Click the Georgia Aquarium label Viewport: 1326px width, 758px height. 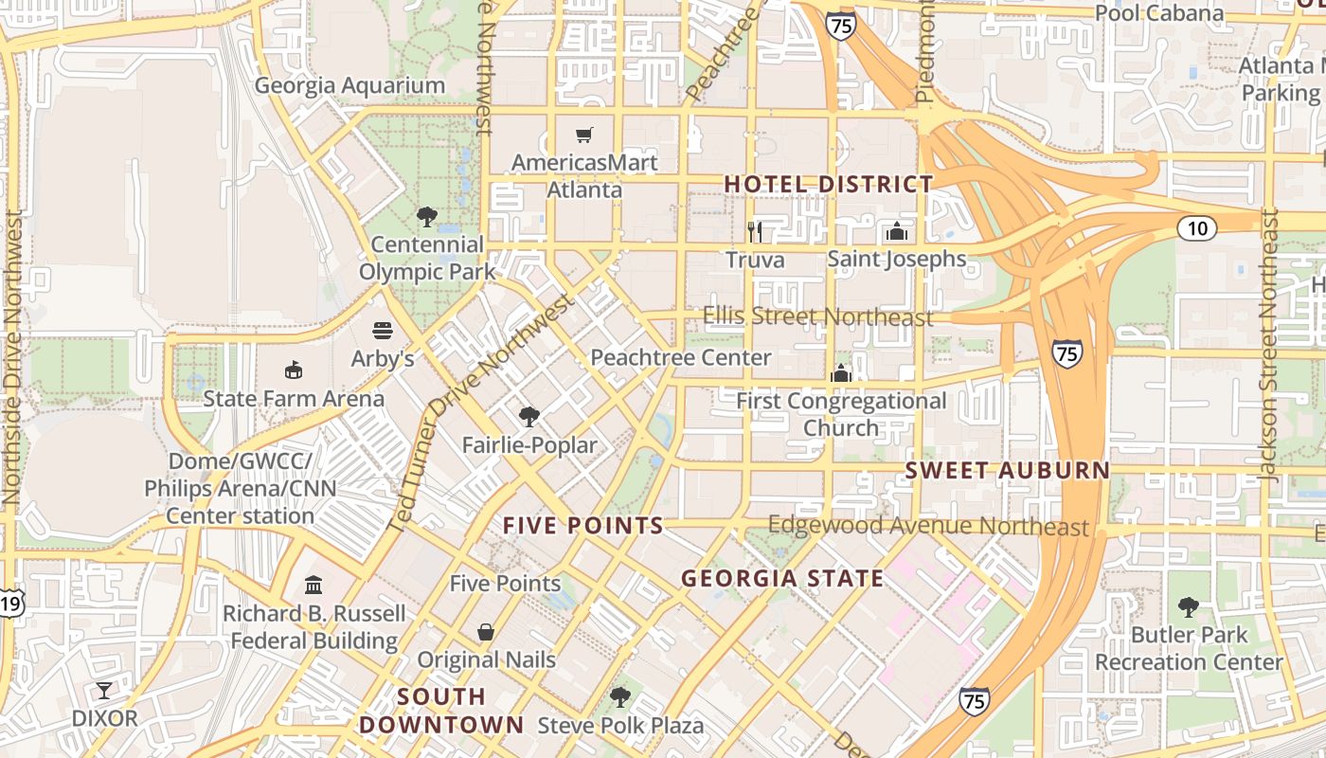point(349,85)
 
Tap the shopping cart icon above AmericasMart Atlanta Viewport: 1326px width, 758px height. point(584,135)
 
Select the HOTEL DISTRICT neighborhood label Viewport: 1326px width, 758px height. point(829,184)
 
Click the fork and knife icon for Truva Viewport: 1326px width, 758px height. point(755,231)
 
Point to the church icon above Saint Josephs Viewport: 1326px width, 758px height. point(896,231)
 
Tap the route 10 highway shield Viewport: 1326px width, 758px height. point(1197,227)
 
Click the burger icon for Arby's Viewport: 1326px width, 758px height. point(383,331)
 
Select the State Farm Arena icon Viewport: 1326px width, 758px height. point(294,370)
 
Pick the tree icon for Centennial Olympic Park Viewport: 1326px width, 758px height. point(427,217)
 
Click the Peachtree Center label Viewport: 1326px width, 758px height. point(680,358)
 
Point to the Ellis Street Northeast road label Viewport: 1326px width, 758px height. point(817,316)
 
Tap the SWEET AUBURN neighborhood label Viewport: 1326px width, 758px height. point(1007,470)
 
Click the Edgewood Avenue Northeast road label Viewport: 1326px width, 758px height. point(928,526)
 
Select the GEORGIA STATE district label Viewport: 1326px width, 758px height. point(782,578)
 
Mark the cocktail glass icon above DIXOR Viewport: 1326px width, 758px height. point(104,690)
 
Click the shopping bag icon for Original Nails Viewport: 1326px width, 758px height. point(486,631)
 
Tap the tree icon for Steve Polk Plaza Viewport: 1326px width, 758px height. point(620,697)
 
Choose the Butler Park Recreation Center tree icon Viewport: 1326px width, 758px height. point(1188,606)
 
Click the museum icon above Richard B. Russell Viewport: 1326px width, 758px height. point(314,586)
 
